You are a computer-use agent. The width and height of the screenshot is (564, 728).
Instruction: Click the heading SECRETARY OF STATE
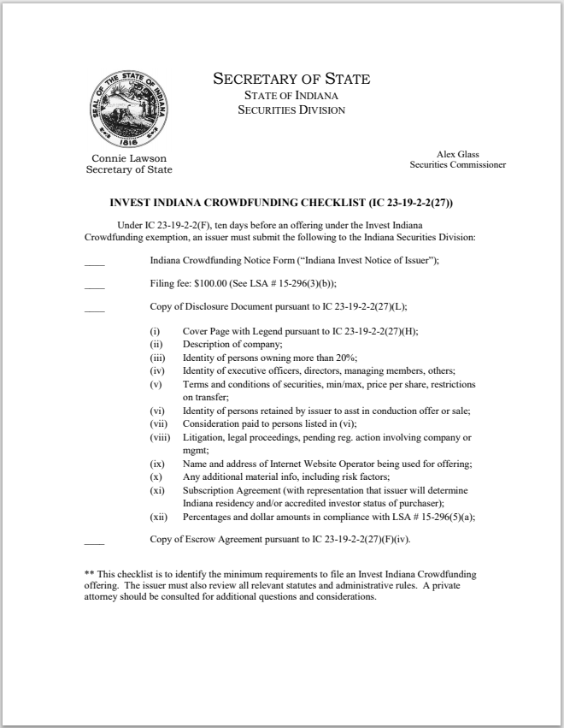[x=291, y=79]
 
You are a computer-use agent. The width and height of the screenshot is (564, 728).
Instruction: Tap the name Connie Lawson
[x=129, y=158]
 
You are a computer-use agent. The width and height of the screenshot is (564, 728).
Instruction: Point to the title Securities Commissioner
[x=457, y=164]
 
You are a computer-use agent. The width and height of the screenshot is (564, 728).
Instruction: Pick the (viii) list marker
[x=157, y=438]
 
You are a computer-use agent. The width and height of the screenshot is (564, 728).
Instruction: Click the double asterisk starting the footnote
[x=88, y=574]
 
